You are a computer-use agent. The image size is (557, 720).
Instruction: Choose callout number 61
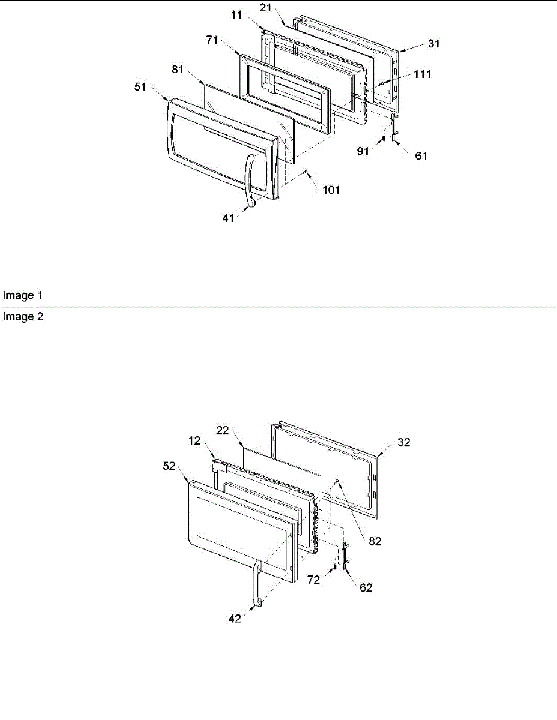(421, 155)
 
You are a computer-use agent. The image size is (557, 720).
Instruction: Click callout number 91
(364, 152)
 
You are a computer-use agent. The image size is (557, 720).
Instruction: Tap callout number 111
(421, 74)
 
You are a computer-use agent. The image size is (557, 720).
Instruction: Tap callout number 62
(365, 587)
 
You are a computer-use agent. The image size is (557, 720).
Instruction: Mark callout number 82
(375, 541)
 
